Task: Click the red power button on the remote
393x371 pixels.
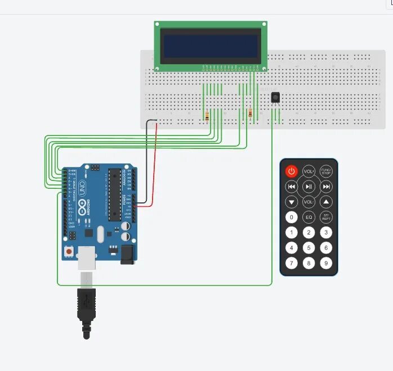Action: coord(291,171)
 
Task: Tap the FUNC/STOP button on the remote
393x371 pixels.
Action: coord(326,171)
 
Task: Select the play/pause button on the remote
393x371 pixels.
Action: coord(309,187)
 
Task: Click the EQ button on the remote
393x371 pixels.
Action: coord(309,217)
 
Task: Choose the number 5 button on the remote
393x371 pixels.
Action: coord(309,247)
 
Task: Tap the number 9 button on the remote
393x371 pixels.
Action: coord(326,263)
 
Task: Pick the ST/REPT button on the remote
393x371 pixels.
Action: coord(326,217)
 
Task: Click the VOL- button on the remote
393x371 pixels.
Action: coord(309,202)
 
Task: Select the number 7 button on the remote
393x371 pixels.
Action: coord(291,263)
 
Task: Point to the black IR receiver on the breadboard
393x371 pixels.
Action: coord(275,97)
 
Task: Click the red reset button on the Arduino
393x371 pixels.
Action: coord(69,252)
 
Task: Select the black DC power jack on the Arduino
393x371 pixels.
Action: coord(128,254)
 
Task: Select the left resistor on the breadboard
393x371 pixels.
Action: coord(207,116)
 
